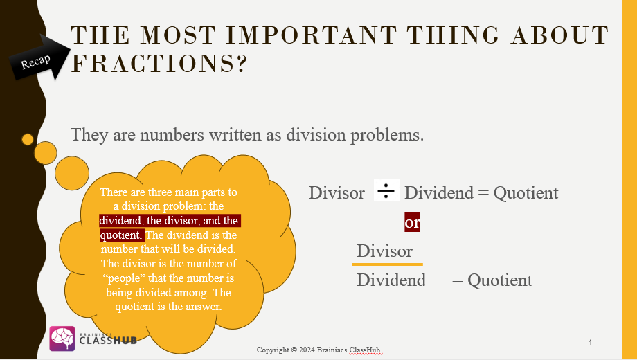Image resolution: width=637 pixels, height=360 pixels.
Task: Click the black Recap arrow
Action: (39, 59)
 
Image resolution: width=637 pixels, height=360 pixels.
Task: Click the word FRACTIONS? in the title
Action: (159, 64)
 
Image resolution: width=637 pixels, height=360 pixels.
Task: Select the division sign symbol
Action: (386, 190)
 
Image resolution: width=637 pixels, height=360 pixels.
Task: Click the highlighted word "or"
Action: (412, 222)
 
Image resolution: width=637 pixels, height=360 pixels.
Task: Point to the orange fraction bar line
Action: (387, 264)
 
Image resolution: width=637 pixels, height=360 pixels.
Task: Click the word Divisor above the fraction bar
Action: (384, 251)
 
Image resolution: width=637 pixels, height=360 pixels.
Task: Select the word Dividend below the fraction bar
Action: (391, 280)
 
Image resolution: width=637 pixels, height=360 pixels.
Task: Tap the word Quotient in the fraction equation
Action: (500, 280)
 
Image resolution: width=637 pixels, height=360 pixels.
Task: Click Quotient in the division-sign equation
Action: (526, 193)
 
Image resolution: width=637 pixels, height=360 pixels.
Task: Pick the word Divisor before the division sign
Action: (337, 193)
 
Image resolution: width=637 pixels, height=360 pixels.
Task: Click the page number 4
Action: (590, 342)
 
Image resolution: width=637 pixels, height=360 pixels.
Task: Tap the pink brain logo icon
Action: (62, 339)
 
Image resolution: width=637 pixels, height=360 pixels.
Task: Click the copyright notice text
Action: (318, 350)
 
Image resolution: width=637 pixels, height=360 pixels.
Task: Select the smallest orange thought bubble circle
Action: (28, 139)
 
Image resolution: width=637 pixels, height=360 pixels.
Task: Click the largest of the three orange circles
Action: (72, 173)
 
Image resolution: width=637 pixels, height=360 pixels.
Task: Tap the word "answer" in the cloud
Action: (206, 307)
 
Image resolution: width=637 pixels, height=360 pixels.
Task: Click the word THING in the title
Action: (454, 35)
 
